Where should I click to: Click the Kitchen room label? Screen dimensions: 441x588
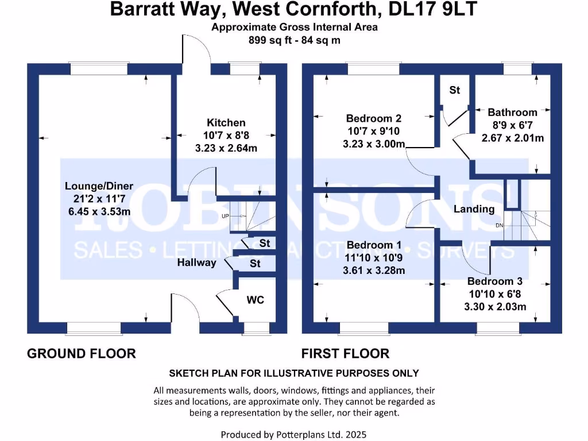tap(226, 122)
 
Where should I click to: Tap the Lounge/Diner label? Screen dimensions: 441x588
tap(99, 186)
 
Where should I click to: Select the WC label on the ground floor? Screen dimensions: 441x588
tap(255, 300)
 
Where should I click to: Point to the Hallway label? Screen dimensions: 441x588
tap(196, 262)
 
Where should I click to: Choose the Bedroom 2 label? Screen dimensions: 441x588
tap(374, 118)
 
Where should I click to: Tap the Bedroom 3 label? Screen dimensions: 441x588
tap(494, 281)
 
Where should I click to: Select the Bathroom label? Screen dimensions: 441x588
tap(512, 113)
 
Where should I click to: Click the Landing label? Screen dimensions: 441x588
tap(474, 209)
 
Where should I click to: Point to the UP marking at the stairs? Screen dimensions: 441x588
tap(225, 216)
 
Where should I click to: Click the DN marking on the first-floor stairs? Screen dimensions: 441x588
tap(499, 225)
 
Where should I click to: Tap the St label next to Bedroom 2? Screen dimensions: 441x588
tap(455, 90)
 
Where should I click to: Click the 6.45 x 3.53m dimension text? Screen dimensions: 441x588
tap(99, 211)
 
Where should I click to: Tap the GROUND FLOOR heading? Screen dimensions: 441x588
tap(82, 353)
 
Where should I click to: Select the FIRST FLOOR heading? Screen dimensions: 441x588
tap(346, 353)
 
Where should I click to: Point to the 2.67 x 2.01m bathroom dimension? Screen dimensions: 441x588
tap(512, 138)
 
